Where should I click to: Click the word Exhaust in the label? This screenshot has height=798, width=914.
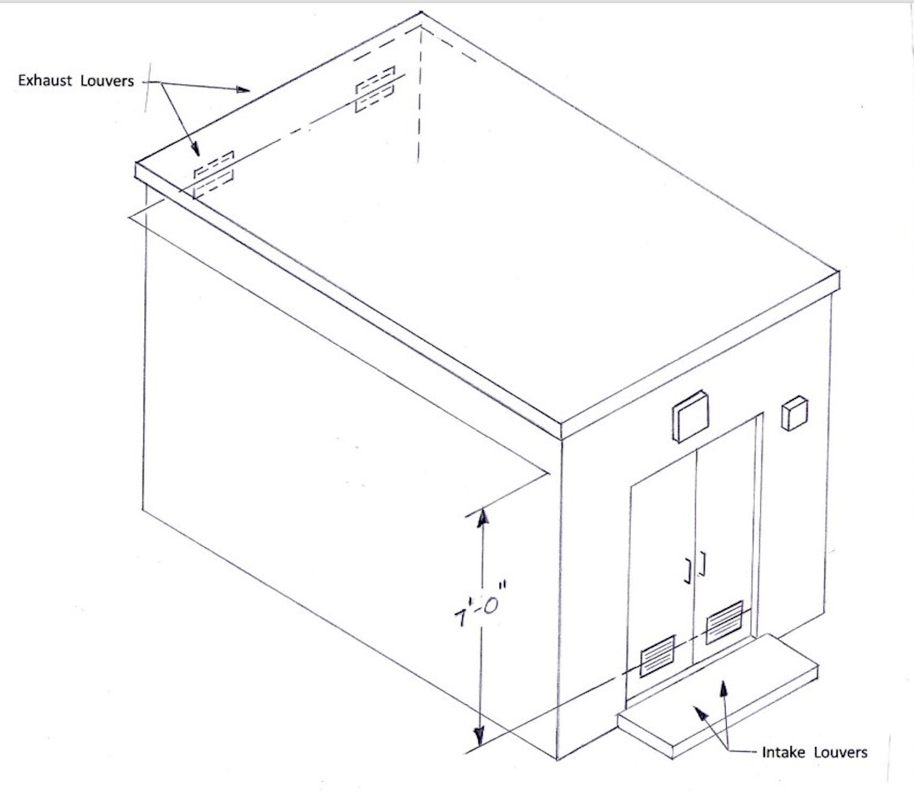tap(44, 81)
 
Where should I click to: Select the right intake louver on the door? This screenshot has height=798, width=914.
tap(724, 622)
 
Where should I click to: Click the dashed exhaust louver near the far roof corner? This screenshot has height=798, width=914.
tap(375, 88)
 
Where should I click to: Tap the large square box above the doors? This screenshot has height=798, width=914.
tap(691, 415)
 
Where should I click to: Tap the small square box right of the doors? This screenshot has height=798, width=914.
tap(794, 413)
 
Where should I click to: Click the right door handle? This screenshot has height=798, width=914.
tap(703, 563)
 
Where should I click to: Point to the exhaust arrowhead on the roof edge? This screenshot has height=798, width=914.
tap(242, 89)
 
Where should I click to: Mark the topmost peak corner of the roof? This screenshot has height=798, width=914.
tap(421, 13)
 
